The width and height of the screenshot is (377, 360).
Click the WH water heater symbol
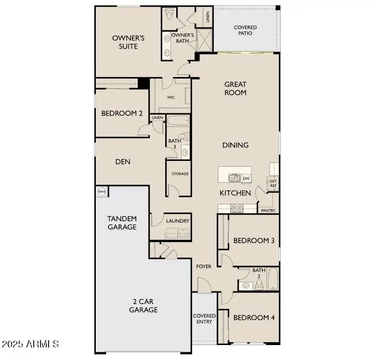click(x=102, y=192)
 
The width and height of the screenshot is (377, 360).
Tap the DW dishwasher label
click(x=246, y=178)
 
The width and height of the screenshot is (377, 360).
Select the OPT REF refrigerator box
click(x=273, y=183)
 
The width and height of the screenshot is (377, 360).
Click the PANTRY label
click(x=268, y=211)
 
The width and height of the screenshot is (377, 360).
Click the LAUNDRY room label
click(x=178, y=221)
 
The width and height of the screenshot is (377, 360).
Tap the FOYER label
click(x=204, y=266)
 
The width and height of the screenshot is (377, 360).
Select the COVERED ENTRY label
click(x=204, y=319)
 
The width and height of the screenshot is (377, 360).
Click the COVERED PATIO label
click(x=245, y=30)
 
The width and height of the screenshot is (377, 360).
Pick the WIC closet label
click(x=171, y=97)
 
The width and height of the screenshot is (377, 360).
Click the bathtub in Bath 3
click(x=179, y=120)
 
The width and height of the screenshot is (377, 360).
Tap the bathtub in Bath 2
click(x=273, y=279)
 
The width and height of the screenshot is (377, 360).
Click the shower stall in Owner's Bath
click(x=204, y=40)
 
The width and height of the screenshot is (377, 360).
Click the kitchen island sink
click(x=234, y=178)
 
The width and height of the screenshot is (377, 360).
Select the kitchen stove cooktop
click(x=237, y=208)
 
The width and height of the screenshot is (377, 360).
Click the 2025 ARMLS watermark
click(x=30, y=344)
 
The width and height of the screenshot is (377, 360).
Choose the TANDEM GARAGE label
click(x=122, y=223)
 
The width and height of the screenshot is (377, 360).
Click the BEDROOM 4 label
click(x=254, y=318)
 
